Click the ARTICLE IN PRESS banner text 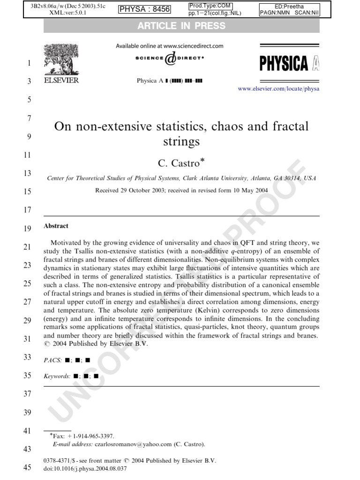tap(181, 26)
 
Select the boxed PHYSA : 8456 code tap(145, 9)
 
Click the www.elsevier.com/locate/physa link tap(278, 89)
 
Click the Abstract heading tap(56, 226)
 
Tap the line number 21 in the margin tap(27, 247)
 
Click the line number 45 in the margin tap(27, 467)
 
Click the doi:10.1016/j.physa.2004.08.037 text tap(85, 468)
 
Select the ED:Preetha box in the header tap(289, 6)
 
